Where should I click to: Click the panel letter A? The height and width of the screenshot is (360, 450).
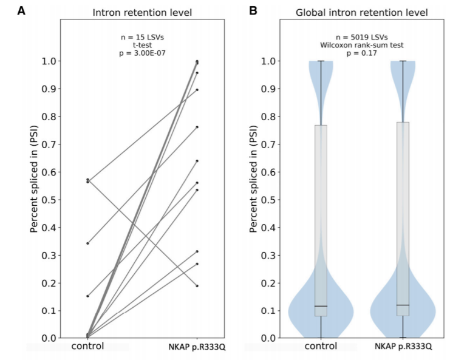tap(21, 11)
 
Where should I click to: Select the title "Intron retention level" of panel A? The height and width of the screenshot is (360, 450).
tap(142, 12)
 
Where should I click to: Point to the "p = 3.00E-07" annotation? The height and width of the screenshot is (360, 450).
tap(142, 54)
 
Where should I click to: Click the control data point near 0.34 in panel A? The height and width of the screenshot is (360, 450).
tap(87, 243)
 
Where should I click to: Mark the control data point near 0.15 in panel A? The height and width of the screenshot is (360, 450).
tap(87, 296)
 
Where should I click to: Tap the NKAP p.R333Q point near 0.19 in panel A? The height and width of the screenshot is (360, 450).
tap(197, 285)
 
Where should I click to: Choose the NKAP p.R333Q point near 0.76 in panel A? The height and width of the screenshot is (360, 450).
tap(197, 127)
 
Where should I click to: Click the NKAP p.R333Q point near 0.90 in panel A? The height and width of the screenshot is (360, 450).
tap(197, 90)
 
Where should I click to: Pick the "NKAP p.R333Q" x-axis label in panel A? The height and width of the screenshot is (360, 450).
tap(197, 347)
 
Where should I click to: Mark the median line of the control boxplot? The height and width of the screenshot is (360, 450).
tap(321, 306)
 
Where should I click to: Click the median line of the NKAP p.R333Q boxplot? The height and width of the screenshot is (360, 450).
tap(402, 305)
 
